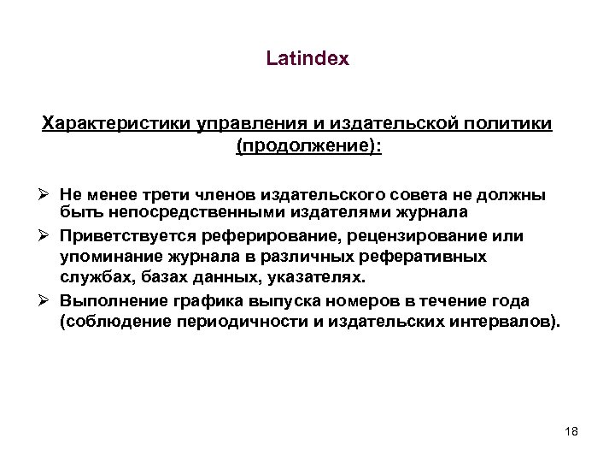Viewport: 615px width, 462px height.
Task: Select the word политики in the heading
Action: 518,125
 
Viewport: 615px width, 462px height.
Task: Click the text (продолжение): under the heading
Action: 308,146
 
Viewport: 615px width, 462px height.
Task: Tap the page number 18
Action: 571,433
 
